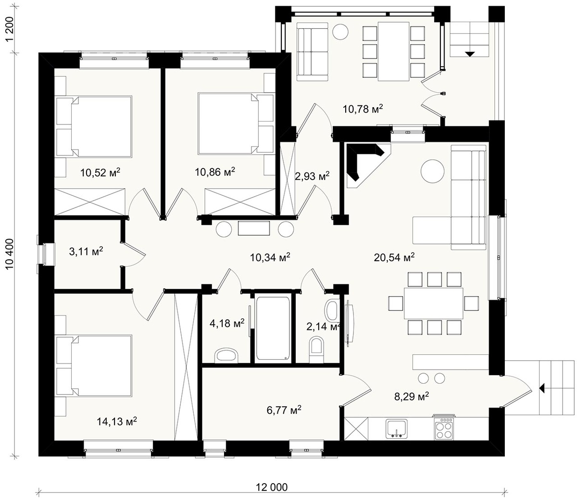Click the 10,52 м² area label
(x=100, y=172)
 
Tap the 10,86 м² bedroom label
(x=214, y=172)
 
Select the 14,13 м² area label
(x=117, y=421)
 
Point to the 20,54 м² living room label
(x=394, y=257)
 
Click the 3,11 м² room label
(x=86, y=251)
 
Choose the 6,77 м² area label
(x=284, y=410)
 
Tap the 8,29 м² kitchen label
(x=412, y=396)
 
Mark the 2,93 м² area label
(x=313, y=176)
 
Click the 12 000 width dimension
(x=272, y=487)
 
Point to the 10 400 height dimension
(x=10, y=254)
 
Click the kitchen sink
(x=396, y=428)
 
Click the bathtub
(x=273, y=328)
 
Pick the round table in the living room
(x=432, y=171)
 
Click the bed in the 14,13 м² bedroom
(x=94, y=365)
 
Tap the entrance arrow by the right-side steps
(x=542, y=388)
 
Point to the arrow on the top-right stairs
(x=470, y=54)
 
